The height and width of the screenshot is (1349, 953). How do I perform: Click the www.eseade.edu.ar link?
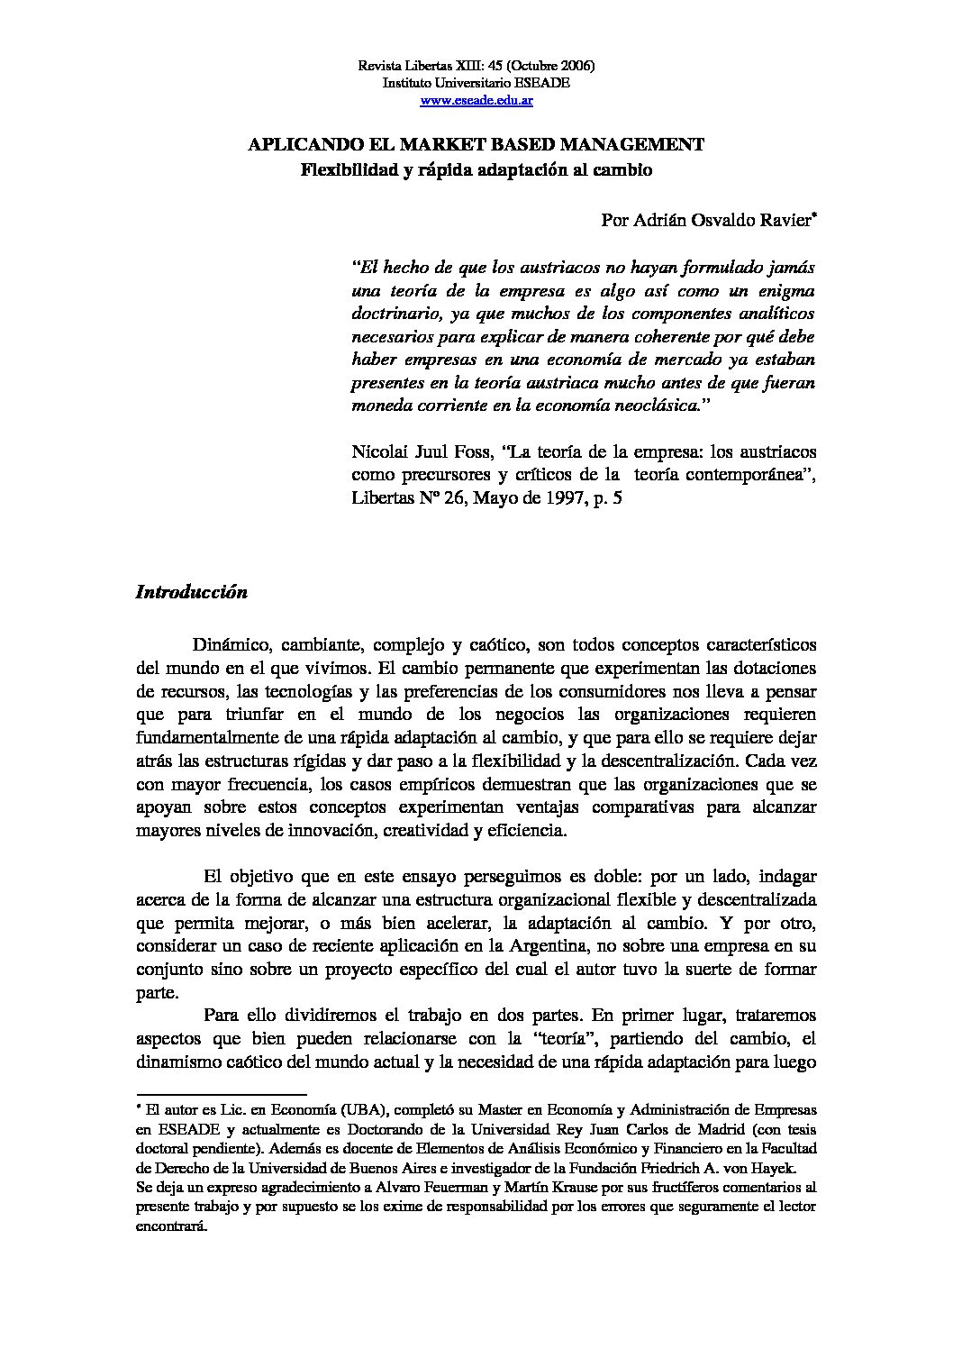tap(476, 100)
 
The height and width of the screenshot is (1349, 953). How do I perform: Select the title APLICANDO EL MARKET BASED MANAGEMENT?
tap(476, 144)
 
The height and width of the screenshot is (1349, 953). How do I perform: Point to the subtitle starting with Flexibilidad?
tap(476, 169)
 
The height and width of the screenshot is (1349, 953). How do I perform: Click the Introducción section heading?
tap(191, 592)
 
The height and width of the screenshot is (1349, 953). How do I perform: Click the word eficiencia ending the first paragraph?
tap(527, 830)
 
